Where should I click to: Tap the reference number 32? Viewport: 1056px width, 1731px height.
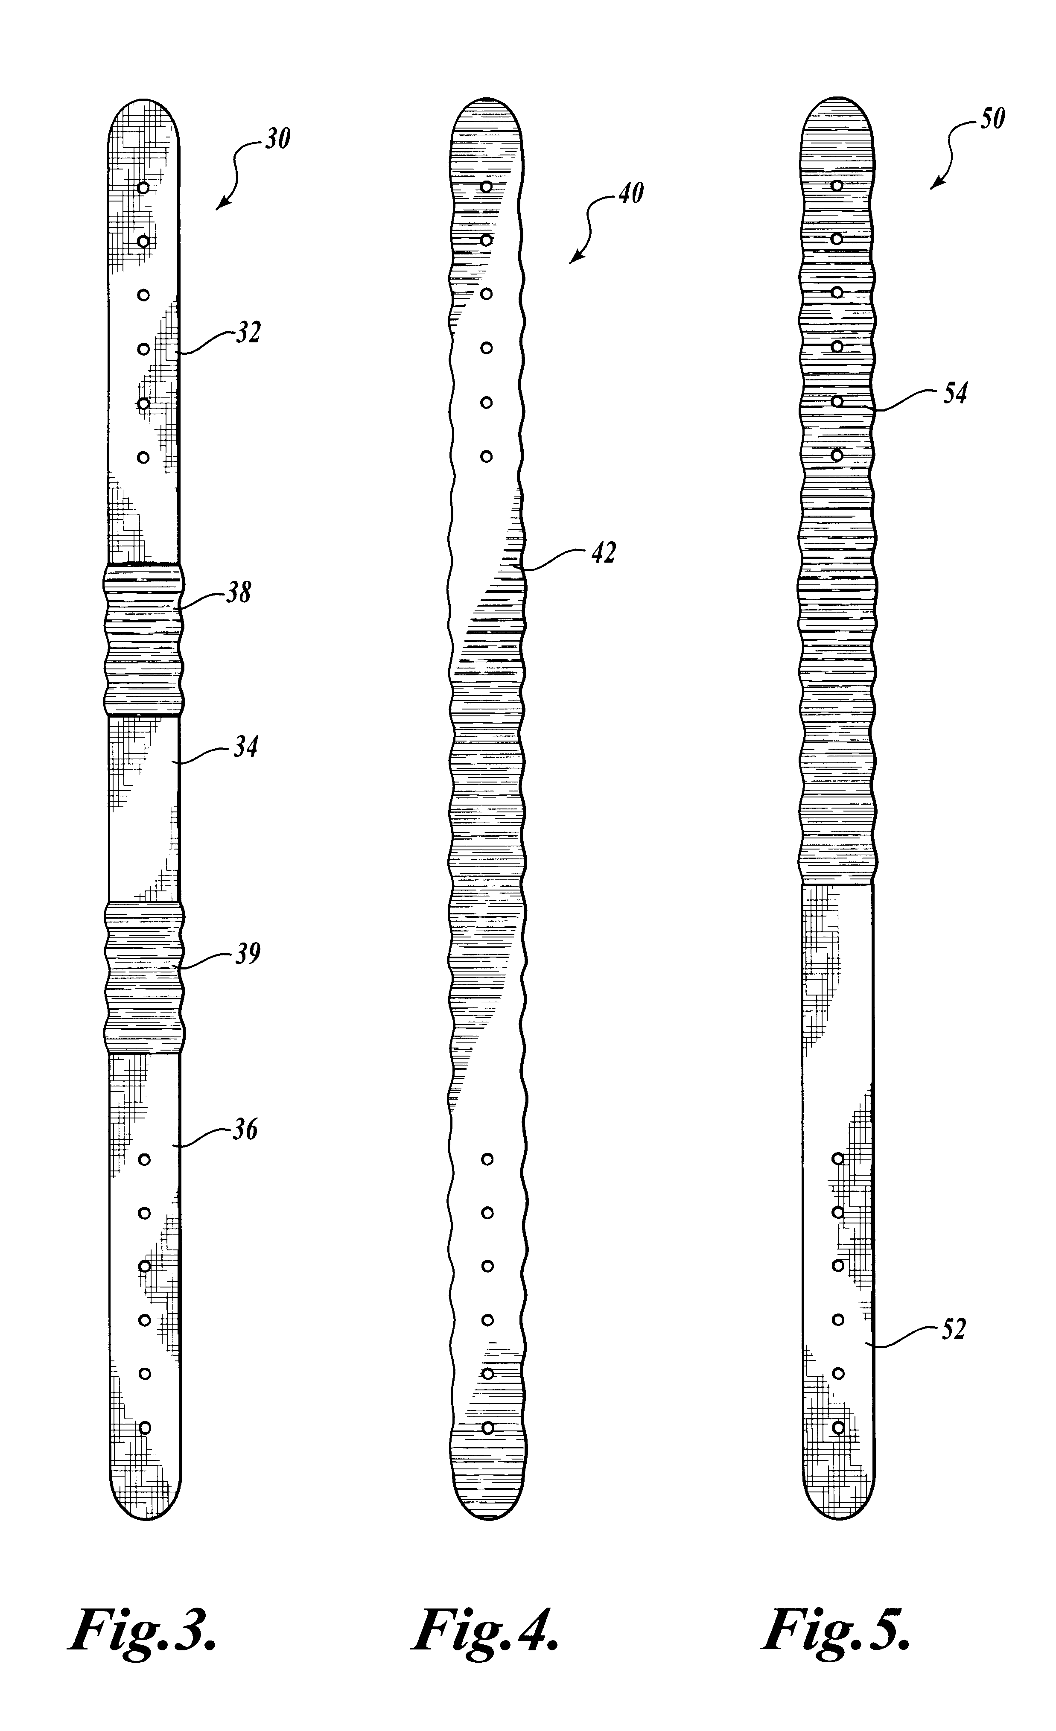(x=247, y=332)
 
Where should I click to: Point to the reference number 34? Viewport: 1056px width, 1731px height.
(x=245, y=747)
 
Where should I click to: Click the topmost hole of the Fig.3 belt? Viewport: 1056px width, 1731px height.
(x=143, y=187)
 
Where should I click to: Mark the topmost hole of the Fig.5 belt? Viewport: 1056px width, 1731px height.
(x=837, y=185)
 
